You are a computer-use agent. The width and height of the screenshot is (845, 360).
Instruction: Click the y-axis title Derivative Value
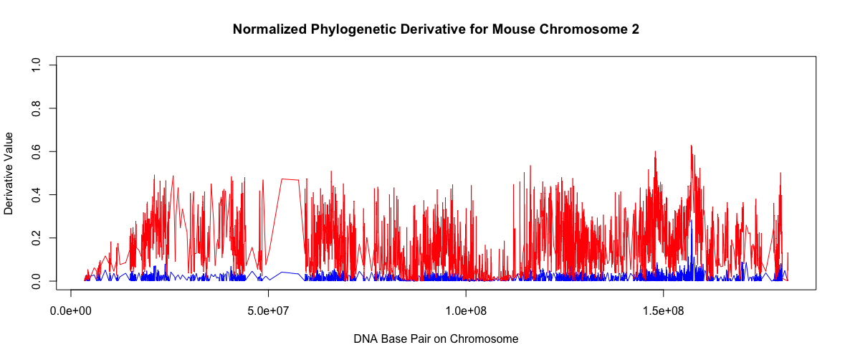pyautogui.click(x=9, y=173)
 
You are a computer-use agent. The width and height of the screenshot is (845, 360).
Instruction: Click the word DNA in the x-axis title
pyautogui.click(x=366, y=338)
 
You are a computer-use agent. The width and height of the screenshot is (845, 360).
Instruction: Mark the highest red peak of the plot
pyautogui.click(x=691, y=146)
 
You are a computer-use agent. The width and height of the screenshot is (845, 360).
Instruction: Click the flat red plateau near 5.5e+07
pyautogui.click(x=290, y=179)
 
